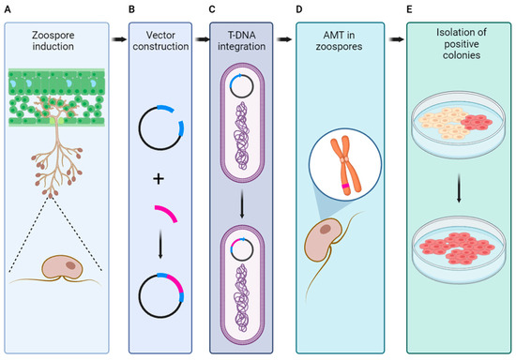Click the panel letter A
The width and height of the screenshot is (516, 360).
click(x=6, y=9)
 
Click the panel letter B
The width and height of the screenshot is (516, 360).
click(x=132, y=9)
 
